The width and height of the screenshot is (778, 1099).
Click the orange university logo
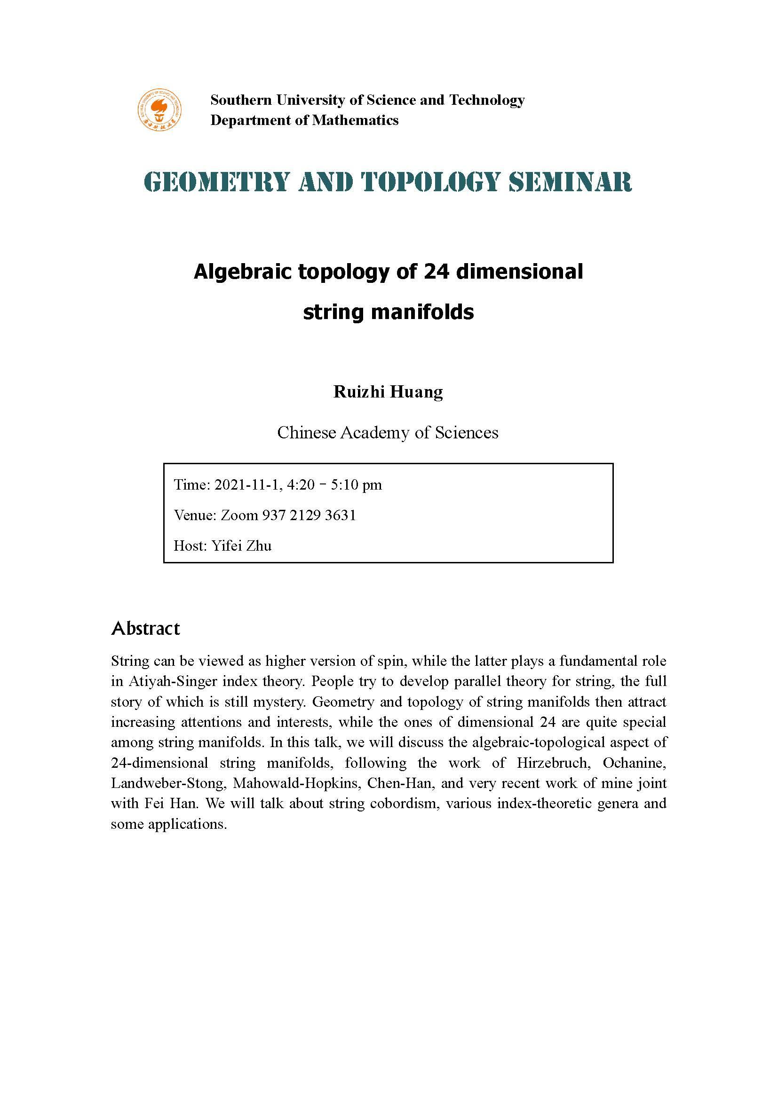[x=159, y=110]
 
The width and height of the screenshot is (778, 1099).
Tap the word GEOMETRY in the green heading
[x=216, y=182]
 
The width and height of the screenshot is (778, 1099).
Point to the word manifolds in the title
[x=422, y=312]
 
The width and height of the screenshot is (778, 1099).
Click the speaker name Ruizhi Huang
[x=388, y=391]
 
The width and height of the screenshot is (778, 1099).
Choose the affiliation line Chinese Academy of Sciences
[x=388, y=433]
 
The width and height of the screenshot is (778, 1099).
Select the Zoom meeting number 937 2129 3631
[x=309, y=515]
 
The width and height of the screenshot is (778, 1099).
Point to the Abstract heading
[x=146, y=628]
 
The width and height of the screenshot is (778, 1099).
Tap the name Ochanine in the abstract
[x=634, y=763]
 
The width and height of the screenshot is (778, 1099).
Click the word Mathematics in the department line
[x=355, y=120]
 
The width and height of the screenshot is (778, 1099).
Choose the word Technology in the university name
[x=487, y=100]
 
